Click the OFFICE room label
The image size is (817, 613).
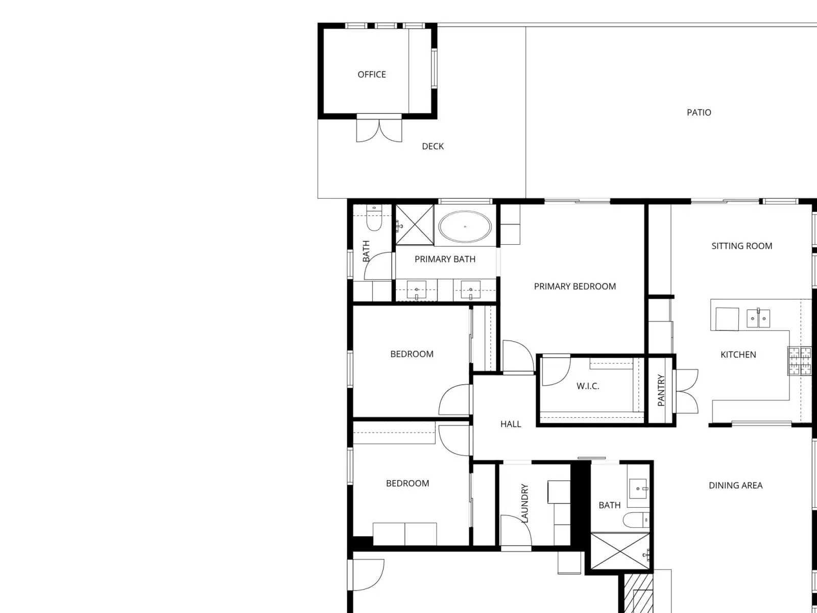[371, 75]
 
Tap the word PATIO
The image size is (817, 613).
[699, 112]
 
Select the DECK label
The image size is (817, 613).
[432, 146]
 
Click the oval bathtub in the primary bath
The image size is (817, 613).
[465, 226]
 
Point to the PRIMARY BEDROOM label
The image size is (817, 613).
[574, 286]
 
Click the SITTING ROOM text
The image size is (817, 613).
[742, 246]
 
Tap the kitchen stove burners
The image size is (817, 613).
[799, 361]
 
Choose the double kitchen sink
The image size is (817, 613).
[758, 319]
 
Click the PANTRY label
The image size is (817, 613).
[661, 390]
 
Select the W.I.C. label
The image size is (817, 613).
[588, 386]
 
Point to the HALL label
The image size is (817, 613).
[511, 424]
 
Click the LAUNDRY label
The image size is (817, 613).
[524, 503]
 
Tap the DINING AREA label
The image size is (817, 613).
[735, 485]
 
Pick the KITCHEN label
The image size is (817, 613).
[738, 355]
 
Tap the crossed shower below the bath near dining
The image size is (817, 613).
[620, 551]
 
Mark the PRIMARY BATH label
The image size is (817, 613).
[445, 259]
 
